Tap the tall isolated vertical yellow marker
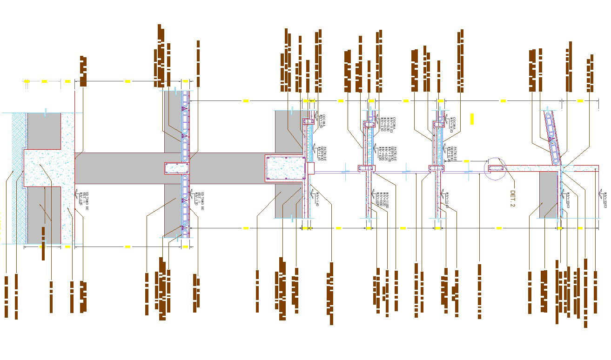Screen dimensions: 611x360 (x=472, y=119)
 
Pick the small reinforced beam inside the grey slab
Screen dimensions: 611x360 (x=177, y=168)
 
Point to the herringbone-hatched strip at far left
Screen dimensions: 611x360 (x=18, y=177)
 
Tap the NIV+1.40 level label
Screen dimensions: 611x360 (x=317, y=199)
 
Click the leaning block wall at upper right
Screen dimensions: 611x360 (x=552, y=137)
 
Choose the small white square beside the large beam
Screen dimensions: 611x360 (x=311, y=168)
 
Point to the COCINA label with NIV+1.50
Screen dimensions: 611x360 (x=322, y=121)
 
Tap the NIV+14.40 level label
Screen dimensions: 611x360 (x=445, y=199)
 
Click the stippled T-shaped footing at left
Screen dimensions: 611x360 (x=47, y=167)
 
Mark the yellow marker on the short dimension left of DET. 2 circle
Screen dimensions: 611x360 (x=466, y=161)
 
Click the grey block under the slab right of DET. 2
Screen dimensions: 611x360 (x=549, y=194)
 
